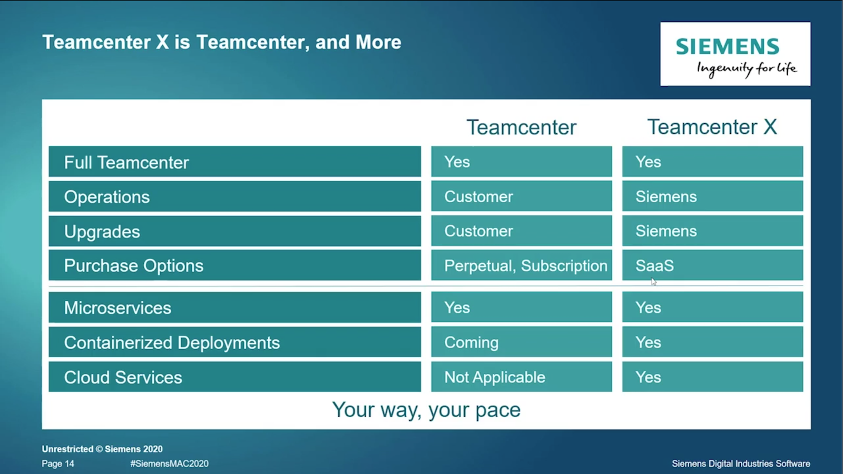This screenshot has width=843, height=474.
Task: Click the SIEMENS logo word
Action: pyautogui.click(x=728, y=46)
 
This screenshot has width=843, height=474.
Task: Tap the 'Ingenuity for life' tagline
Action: pyautogui.click(x=747, y=69)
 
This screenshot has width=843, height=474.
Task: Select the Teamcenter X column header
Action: pyautogui.click(x=712, y=127)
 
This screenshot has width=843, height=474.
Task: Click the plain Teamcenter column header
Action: pyautogui.click(x=521, y=127)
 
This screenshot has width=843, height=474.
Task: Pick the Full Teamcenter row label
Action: pyautogui.click(x=126, y=163)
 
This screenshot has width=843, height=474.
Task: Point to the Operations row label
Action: pyautogui.click(x=107, y=197)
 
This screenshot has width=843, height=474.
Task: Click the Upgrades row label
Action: pyautogui.click(x=102, y=231)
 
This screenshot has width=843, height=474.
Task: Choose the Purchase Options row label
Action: pyautogui.click(x=134, y=265)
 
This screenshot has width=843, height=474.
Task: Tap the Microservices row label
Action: pyautogui.click(x=117, y=308)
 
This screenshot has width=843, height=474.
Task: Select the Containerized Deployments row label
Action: pyautogui.click(x=172, y=343)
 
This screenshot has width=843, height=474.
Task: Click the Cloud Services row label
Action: pyautogui.click(x=123, y=377)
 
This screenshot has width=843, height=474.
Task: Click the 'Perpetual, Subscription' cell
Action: pyautogui.click(x=526, y=266)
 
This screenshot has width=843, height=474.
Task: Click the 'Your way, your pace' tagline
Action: pyautogui.click(x=426, y=410)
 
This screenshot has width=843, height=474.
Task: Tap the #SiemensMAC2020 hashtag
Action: pyautogui.click(x=169, y=463)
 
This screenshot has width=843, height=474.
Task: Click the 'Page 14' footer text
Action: pyautogui.click(x=58, y=464)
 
